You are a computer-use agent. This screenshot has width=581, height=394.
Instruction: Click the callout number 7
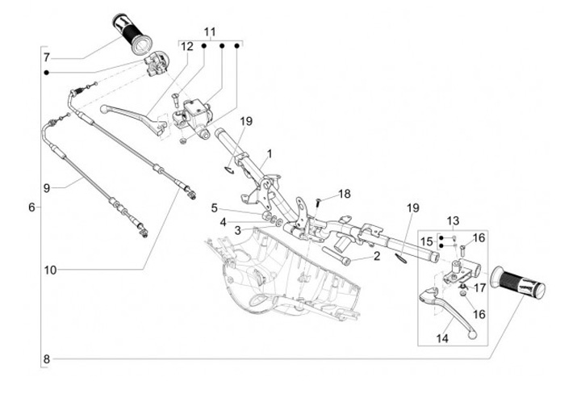(47, 58)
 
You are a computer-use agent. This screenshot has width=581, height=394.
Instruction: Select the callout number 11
(211, 32)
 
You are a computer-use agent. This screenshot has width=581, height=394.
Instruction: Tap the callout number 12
(186, 46)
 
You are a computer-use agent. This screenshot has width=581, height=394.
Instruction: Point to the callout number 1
(270, 153)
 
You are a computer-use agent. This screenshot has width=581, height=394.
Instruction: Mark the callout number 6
(31, 207)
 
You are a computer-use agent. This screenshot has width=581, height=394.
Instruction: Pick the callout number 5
(215, 207)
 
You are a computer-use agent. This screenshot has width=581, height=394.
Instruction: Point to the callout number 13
(453, 220)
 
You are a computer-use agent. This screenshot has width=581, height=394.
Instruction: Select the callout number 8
(47, 358)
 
